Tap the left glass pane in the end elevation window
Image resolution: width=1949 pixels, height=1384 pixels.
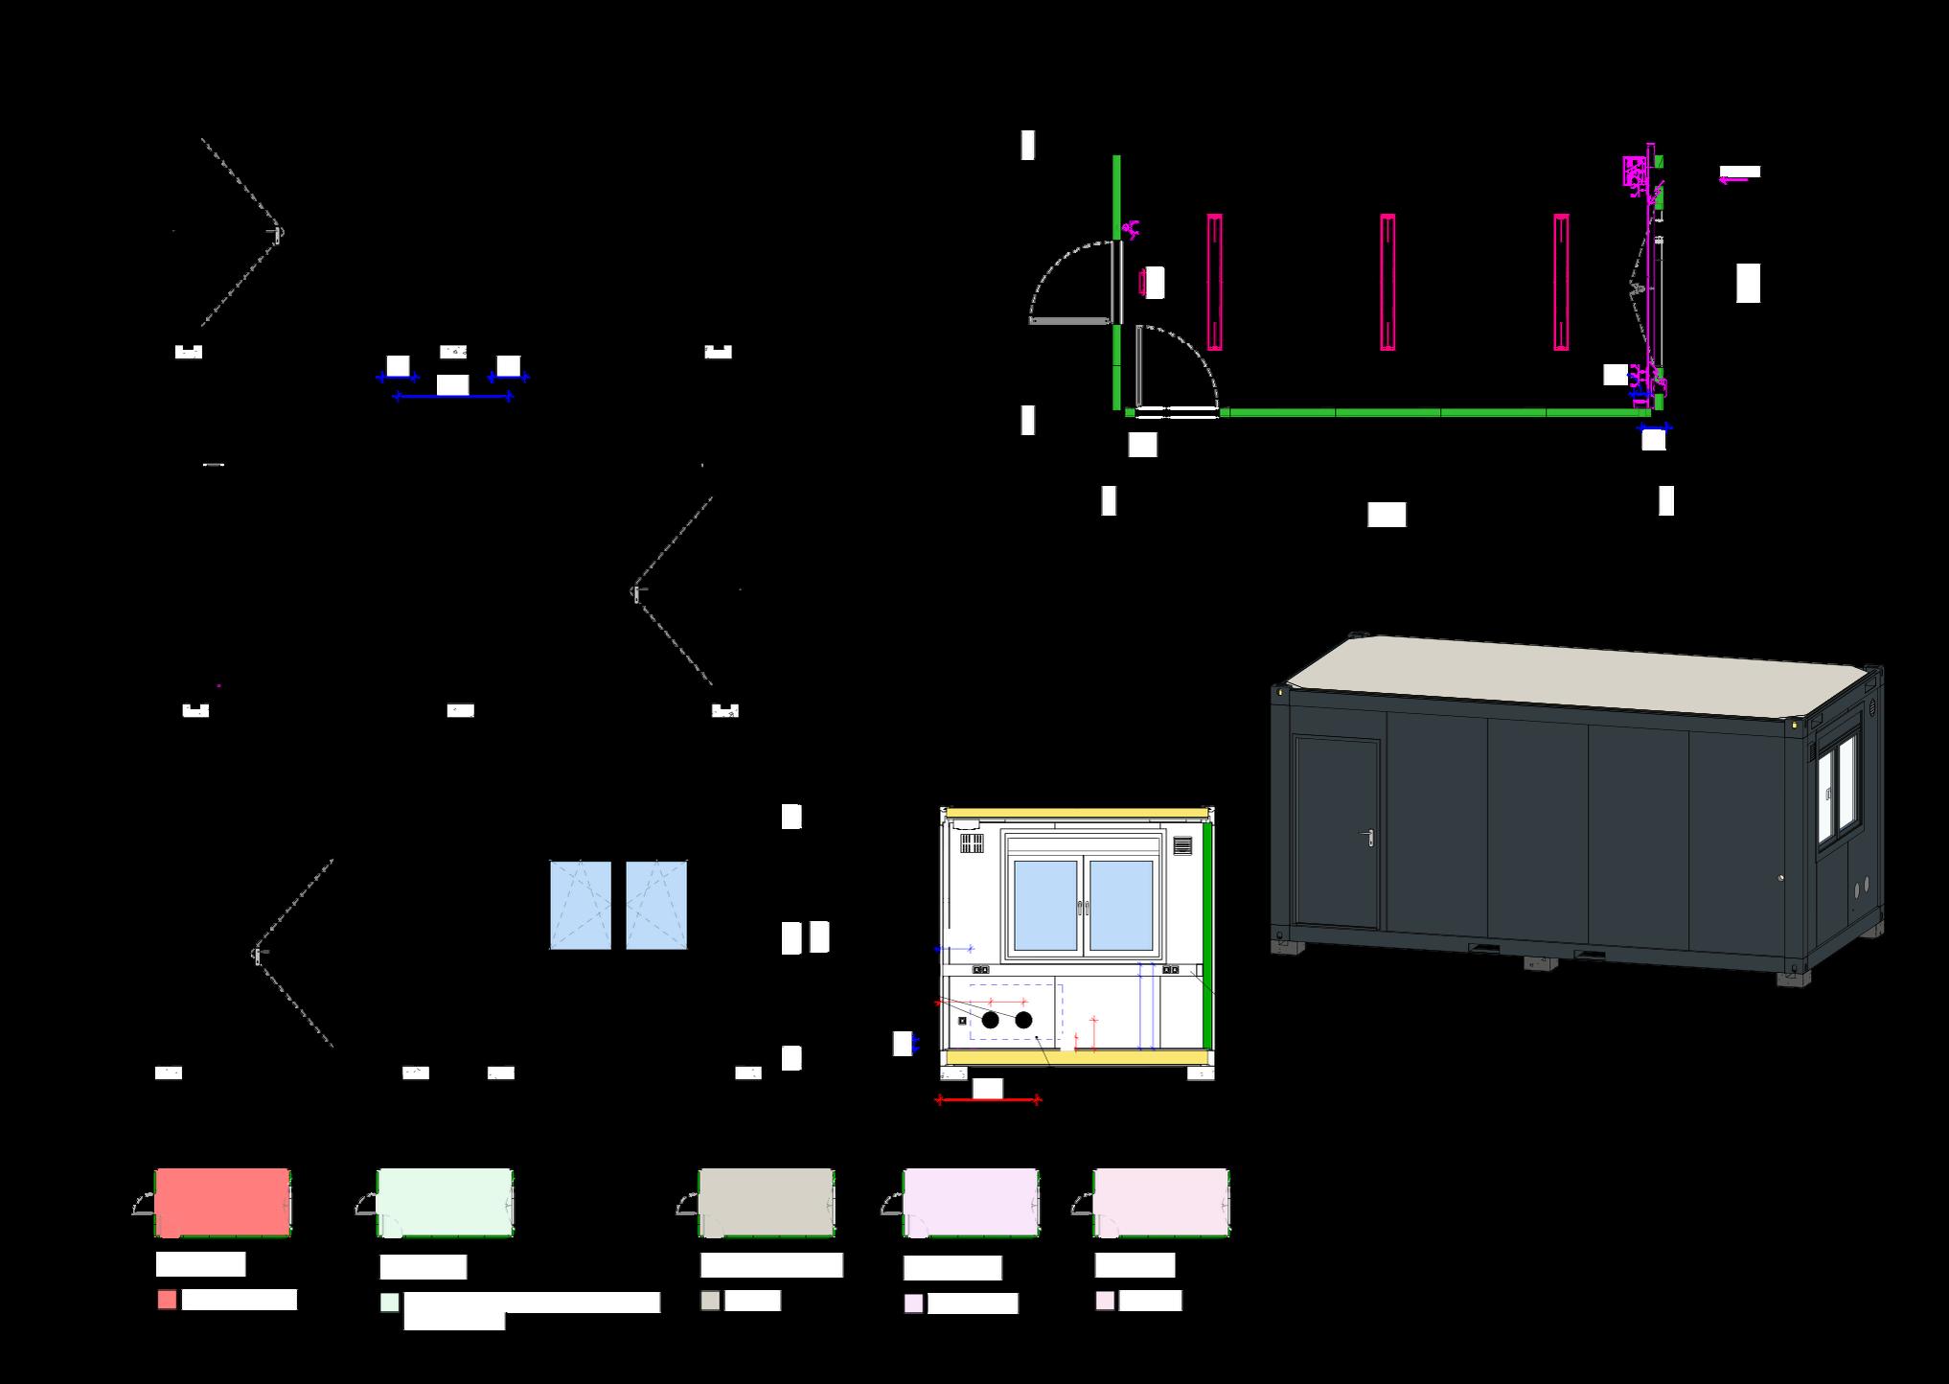pos(1044,905)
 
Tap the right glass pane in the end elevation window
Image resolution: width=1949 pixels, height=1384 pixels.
pos(1121,905)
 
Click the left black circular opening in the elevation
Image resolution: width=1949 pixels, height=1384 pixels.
pos(991,1020)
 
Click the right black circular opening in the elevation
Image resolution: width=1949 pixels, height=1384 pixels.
pos(1023,1020)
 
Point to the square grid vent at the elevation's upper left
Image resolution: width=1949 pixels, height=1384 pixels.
pos(972,844)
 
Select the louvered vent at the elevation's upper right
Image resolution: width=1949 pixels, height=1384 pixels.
pos(1182,846)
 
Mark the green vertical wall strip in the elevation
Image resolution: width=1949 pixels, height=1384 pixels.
pos(1208,934)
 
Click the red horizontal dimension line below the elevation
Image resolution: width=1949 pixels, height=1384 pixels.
pos(988,1100)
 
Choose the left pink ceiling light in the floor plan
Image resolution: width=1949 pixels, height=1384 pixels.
pos(1214,282)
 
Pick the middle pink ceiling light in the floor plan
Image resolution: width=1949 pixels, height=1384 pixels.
pos(1387,282)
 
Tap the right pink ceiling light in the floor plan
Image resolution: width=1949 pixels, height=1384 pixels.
pos(1561,282)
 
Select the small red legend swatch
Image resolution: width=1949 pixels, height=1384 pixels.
pos(167,1300)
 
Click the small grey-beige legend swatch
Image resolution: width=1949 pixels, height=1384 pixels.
pos(710,1301)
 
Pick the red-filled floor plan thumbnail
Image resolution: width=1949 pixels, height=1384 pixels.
pos(222,1202)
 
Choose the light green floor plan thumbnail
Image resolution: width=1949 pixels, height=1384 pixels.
pos(445,1202)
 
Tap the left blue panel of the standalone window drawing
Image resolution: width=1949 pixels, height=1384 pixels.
pos(580,905)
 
